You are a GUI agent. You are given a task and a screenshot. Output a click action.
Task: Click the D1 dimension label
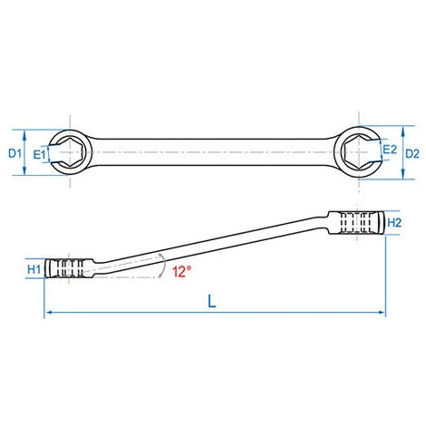[15, 153]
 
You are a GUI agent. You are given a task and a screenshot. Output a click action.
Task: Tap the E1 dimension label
[39, 155]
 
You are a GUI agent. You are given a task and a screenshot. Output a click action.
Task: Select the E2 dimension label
[390, 150]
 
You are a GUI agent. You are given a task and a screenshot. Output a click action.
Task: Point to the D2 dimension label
[412, 154]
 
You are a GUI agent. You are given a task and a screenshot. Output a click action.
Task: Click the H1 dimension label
[34, 269]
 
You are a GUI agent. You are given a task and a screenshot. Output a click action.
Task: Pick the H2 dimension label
[394, 223]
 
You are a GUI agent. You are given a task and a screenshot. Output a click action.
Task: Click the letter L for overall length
[212, 301]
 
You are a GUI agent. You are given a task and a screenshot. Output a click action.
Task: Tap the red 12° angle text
[182, 271]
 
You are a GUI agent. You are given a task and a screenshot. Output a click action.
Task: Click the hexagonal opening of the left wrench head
[70, 152]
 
